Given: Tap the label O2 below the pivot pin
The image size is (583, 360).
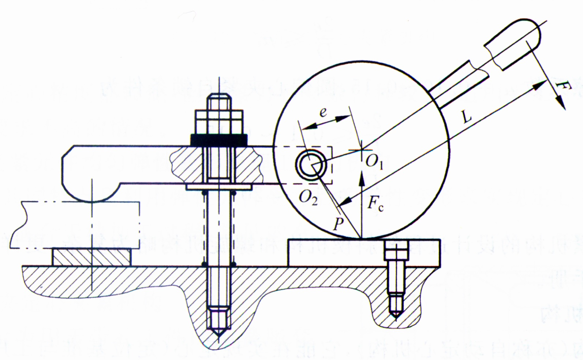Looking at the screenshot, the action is point(308,198).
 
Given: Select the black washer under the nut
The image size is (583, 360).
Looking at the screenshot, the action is point(219,140).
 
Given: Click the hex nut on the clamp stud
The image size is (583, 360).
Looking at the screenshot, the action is point(219,122).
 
